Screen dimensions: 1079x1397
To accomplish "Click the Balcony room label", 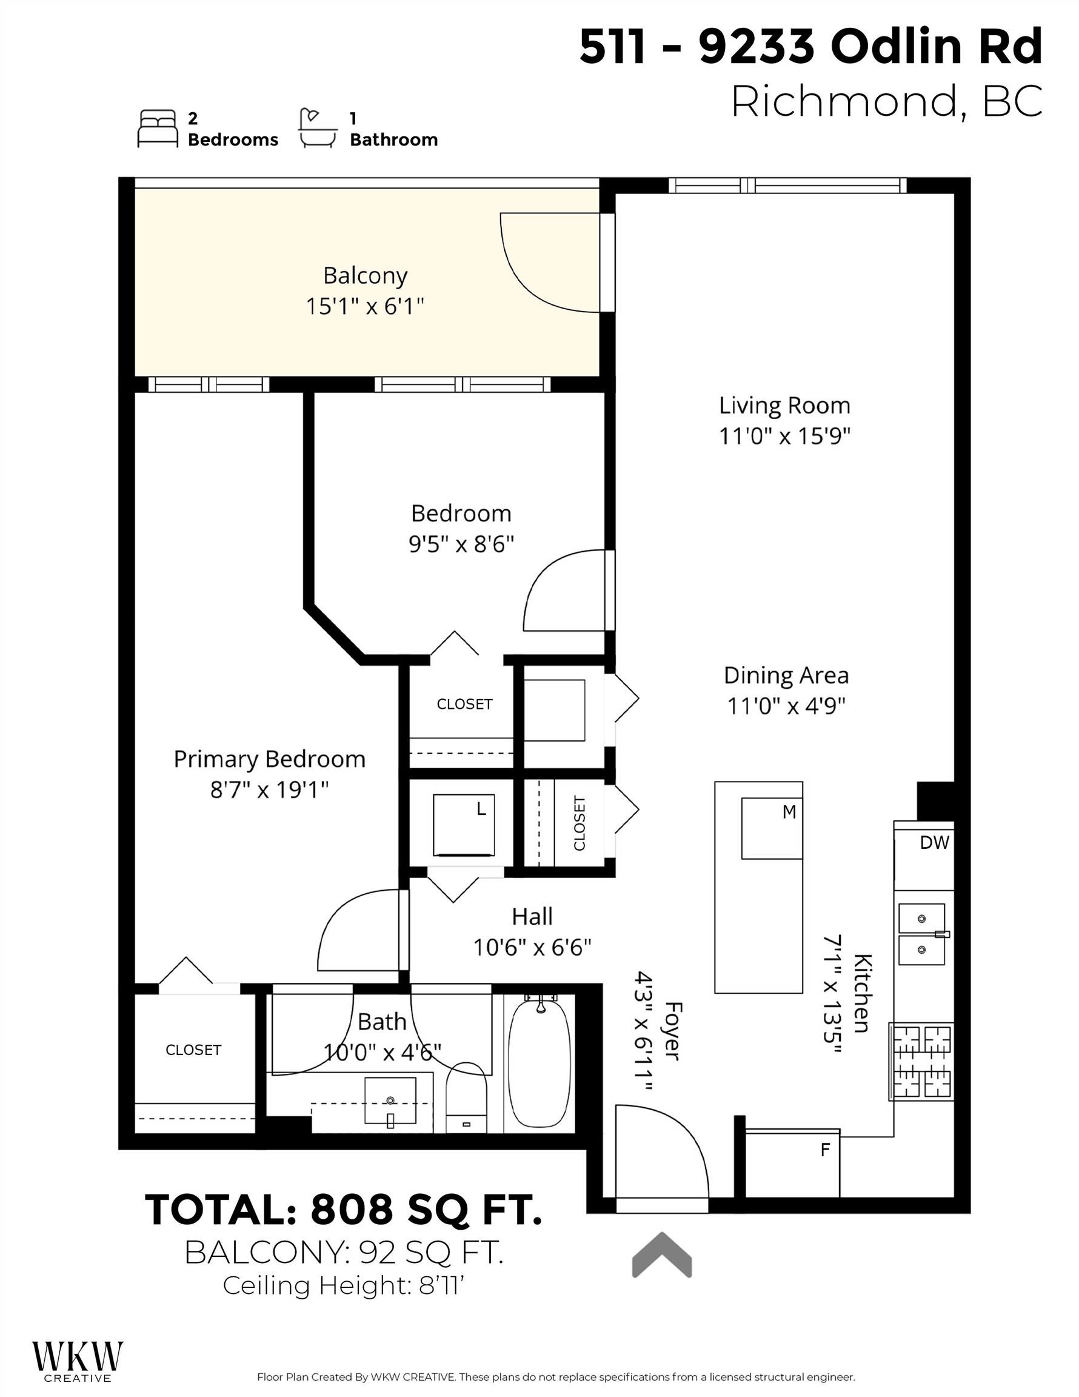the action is click(365, 276).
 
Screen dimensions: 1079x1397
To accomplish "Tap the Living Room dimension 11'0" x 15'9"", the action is click(785, 436).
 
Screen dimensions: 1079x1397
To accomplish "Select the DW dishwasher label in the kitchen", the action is click(935, 842).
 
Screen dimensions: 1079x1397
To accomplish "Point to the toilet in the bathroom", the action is click(466, 1097).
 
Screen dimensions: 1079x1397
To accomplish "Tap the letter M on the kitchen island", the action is click(789, 812).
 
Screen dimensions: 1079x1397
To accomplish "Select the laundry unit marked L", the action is click(464, 825).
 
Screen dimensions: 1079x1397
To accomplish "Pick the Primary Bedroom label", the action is click(269, 759).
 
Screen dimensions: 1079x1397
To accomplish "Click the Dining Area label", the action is click(786, 675).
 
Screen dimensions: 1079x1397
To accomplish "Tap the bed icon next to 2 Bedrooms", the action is click(158, 129).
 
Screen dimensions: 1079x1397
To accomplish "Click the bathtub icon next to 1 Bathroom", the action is click(318, 128).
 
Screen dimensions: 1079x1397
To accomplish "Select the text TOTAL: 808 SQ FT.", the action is click(344, 1210).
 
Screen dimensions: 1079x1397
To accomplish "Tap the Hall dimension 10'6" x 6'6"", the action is click(532, 947).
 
